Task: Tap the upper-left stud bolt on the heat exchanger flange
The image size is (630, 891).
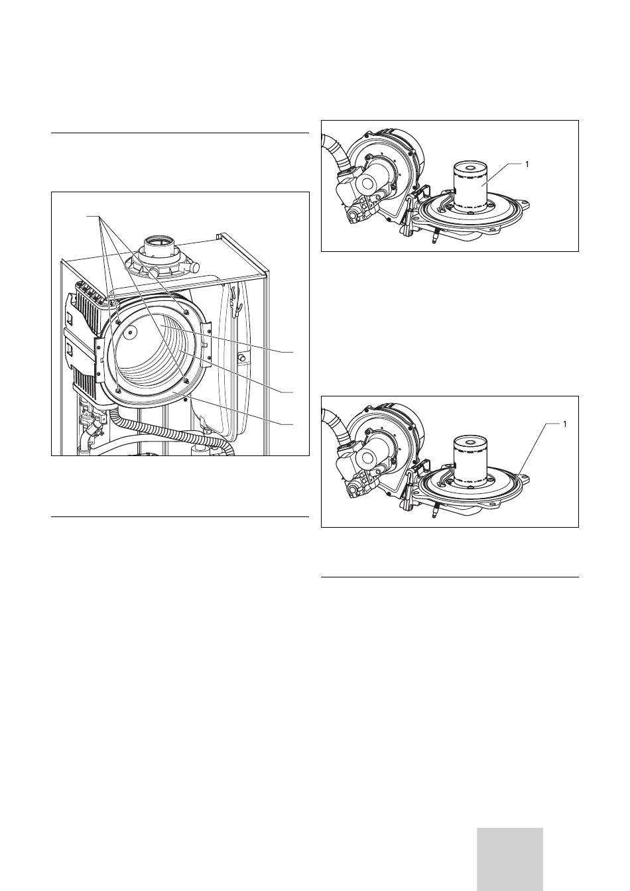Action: (119, 318)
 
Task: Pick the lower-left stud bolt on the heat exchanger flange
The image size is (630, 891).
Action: (119, 389)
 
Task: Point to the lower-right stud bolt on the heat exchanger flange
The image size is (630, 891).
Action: (186, 380)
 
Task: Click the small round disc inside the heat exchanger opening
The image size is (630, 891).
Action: (130, 331)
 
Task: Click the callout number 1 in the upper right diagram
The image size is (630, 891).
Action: (527, 164)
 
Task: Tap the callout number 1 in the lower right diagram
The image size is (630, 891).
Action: (564, 424)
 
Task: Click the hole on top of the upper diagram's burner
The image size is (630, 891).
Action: (470, 168)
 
